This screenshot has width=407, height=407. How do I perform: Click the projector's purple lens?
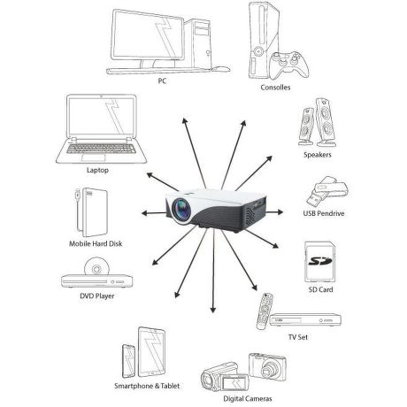180,208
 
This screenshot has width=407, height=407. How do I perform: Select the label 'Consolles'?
275,88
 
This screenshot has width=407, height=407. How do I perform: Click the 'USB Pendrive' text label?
324,213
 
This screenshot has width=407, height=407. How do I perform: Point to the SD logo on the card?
320,261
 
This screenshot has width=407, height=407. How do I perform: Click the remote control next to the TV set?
265,311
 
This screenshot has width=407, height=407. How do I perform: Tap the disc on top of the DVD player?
96,266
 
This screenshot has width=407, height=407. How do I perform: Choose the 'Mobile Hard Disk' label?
96,243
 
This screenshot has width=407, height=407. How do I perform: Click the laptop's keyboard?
101,149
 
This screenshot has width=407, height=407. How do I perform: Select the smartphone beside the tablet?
128,361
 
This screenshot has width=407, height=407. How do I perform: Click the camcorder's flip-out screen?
234,383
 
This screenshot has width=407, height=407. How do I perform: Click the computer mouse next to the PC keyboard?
221,69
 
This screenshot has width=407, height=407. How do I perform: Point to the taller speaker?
325,122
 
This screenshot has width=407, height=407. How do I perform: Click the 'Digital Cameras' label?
247,399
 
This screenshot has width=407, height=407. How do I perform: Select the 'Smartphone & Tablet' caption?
147,386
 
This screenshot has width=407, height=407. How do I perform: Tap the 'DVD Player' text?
97,296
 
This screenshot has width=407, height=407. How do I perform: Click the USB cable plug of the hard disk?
77,195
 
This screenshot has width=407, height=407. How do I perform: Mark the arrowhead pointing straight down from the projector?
213,310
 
